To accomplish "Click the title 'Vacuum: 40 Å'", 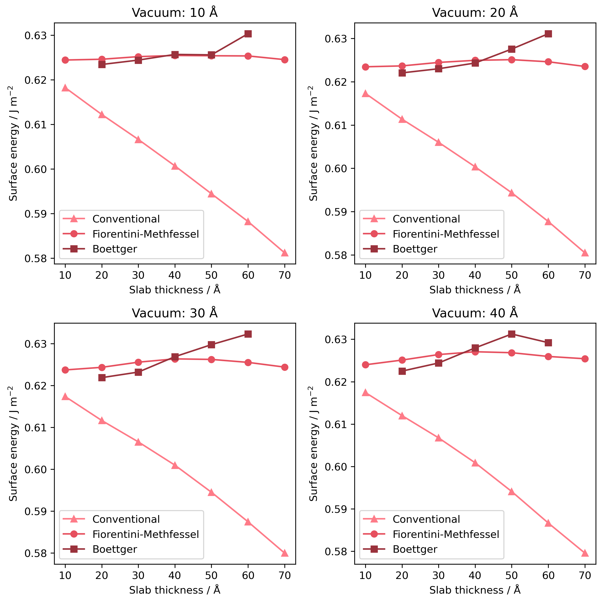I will coord(475,313).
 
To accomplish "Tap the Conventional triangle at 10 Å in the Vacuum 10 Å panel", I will coord(65,88).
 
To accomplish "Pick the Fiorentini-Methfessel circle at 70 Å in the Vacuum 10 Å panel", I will coord(285,60).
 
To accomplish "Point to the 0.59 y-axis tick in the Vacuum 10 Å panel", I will coord(35,214).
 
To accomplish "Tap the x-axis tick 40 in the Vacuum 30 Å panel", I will coord(175,575).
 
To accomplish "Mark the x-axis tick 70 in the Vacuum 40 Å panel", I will coord(585,575).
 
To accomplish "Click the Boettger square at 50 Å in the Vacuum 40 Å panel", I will coord(512,334).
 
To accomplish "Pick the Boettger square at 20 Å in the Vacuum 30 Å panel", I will coord(102,378).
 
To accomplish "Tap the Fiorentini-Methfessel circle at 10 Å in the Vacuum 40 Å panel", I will coord(365,364).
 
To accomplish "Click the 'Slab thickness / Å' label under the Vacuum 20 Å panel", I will coord(475,290).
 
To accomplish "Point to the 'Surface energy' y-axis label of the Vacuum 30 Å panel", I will coord(13,443).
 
